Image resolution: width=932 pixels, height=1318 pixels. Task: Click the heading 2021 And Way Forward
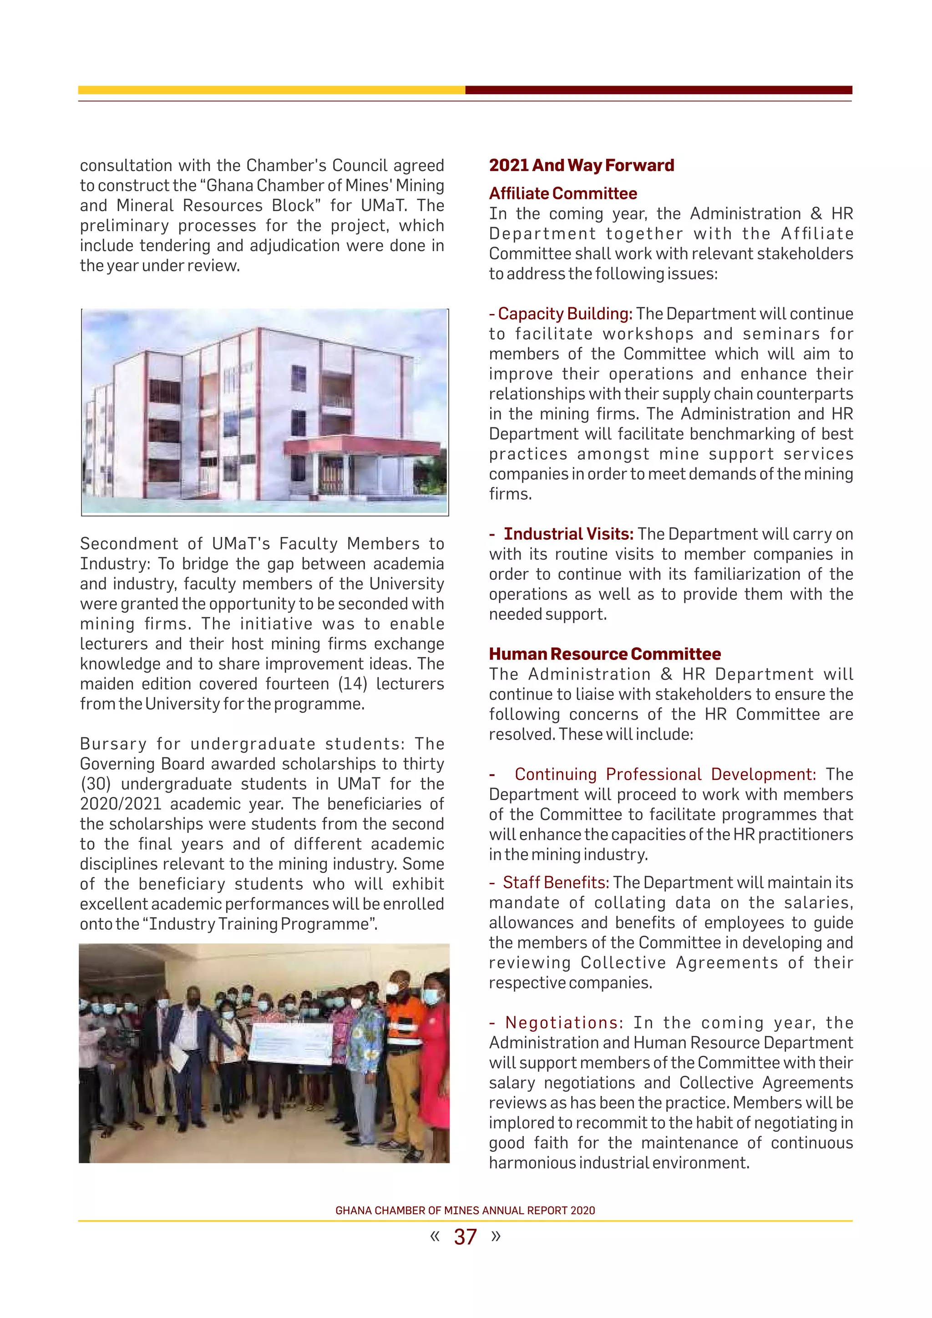click(x=581, y=165)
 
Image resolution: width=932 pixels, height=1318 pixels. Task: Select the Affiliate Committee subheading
click(x=562, y=193)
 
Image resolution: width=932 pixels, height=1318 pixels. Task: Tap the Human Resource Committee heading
click(x=604, y=654)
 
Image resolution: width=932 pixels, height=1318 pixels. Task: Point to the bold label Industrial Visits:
click(x=568, y=534)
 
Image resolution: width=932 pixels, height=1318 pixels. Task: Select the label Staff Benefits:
click(x=555, y=882)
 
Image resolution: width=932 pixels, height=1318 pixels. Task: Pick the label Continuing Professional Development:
click(x=664, y=775)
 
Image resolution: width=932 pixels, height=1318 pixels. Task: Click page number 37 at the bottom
click(x=465, y=1237)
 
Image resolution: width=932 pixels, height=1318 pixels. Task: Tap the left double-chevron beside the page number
click(x=435, y=1235)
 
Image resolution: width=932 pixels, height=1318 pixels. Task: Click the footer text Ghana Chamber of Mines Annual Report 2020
click(x=465, y=1211)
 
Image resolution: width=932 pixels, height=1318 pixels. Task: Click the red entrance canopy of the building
click(x=361, y=446)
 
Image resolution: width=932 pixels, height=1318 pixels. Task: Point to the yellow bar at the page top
click(x=271, y=90)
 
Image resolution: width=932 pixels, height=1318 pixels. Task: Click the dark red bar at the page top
click(x=658, y=90)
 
